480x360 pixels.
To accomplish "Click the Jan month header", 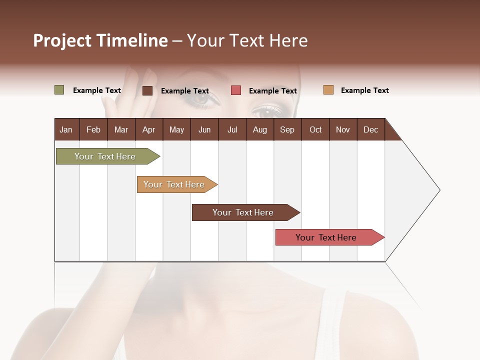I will click(x=66, y=129).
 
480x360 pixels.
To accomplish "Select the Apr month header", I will click(x=148, y=129).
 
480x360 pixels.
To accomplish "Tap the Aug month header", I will click(x=259, y=129).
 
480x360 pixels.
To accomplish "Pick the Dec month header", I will click(x=370, y=129).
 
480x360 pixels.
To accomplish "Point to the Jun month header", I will click(x=204, y=129).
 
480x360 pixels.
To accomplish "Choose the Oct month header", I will click(x=315, y=129).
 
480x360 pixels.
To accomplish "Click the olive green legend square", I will click(x=59, y=90).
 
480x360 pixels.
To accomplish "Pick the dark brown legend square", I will click(x=147, y=90).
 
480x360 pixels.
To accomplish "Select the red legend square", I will click(x=235, y=90).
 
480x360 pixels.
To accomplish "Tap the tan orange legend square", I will click(x=328, y=90).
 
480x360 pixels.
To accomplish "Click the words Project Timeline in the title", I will click(x=100, y=40).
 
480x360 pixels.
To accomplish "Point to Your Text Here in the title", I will click(x=247, y=40).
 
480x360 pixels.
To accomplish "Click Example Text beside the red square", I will click(x=272, y=90).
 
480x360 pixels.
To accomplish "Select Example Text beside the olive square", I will click(x=96, y=90).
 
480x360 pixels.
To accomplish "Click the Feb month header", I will click(x=93, y=129).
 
